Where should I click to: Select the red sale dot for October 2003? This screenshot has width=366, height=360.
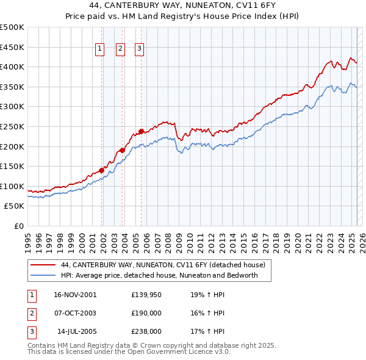coord(122,150)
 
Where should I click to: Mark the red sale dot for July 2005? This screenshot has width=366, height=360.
coord(141,131)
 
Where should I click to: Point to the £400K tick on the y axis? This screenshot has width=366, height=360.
coord(12,67)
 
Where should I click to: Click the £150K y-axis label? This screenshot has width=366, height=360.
coord(12,166)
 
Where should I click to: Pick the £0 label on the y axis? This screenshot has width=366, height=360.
coord(18,226)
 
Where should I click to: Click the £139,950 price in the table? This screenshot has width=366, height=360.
coord(146,295)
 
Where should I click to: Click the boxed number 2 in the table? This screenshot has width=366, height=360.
coord(31,313)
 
